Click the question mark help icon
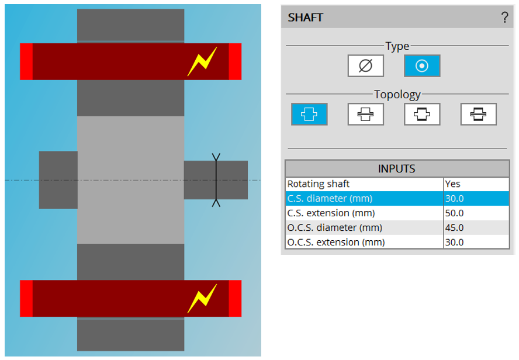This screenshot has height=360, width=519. pos(505,18)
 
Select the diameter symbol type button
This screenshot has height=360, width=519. pos(366,65)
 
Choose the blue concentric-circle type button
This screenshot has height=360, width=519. pos(421,65)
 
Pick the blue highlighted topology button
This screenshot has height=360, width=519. pos(309,114)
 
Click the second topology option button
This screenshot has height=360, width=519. pos(366,114)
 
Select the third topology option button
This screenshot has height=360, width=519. pos(422,114)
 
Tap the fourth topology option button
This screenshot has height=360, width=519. pos(478,114)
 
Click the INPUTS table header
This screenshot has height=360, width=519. pos(397,169)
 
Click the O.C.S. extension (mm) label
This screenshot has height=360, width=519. pos(336,242)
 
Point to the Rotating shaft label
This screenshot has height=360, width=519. pos(319,184)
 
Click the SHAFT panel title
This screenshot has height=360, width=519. pos(306,18)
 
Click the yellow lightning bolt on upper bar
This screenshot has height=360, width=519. pos(202,61)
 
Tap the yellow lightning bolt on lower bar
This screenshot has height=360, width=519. pos(202,298)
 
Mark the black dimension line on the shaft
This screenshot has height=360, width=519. pos(216,180)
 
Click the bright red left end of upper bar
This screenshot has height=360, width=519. pos(26,61)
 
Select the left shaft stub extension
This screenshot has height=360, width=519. pos(58,180)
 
